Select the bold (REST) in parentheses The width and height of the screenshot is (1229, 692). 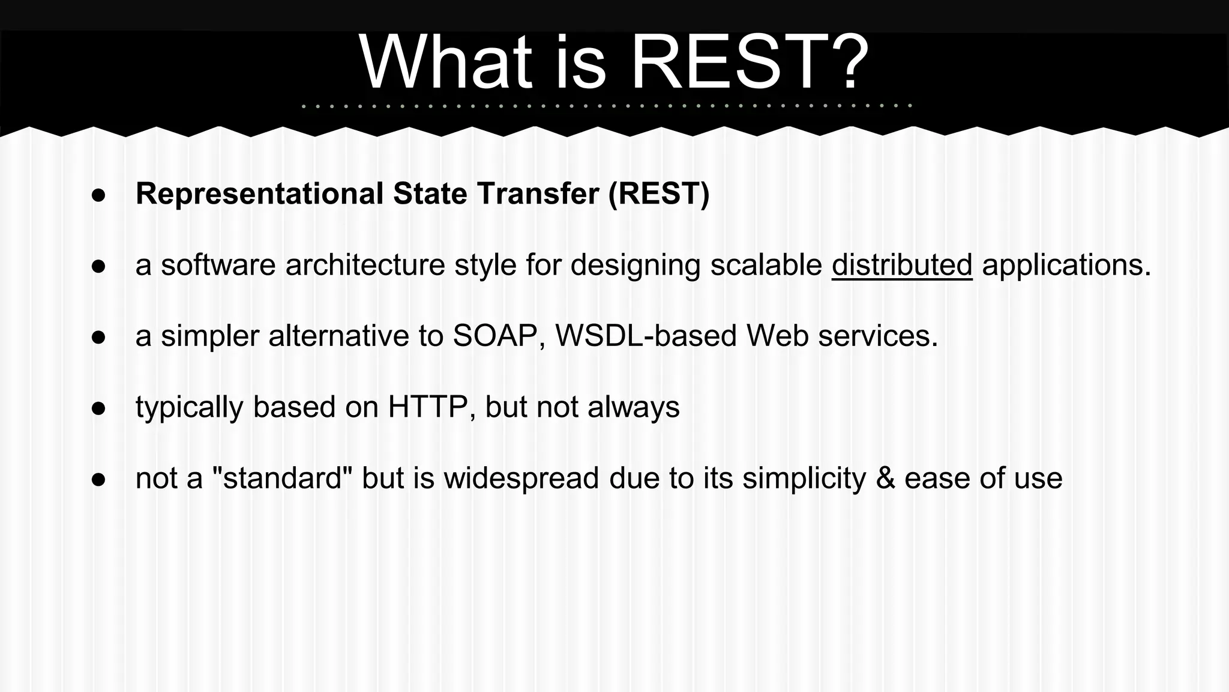click(x=658, y=194)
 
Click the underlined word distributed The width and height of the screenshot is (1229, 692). click(x=901, y=265)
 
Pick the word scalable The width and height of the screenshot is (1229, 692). click(x=766, y=265)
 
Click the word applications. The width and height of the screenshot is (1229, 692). click(x=1066, y=265)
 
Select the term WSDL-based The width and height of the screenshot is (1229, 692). click(x=646, y=336)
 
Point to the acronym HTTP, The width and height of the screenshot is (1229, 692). click(x=431, y=407)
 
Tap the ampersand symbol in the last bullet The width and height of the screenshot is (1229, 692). click(x=885, y=479)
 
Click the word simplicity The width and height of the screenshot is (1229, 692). click(x=804, y=479)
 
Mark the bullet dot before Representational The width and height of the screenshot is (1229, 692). click(x=99, y=195)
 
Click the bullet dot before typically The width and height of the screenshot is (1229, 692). click(x=99, y=408)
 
